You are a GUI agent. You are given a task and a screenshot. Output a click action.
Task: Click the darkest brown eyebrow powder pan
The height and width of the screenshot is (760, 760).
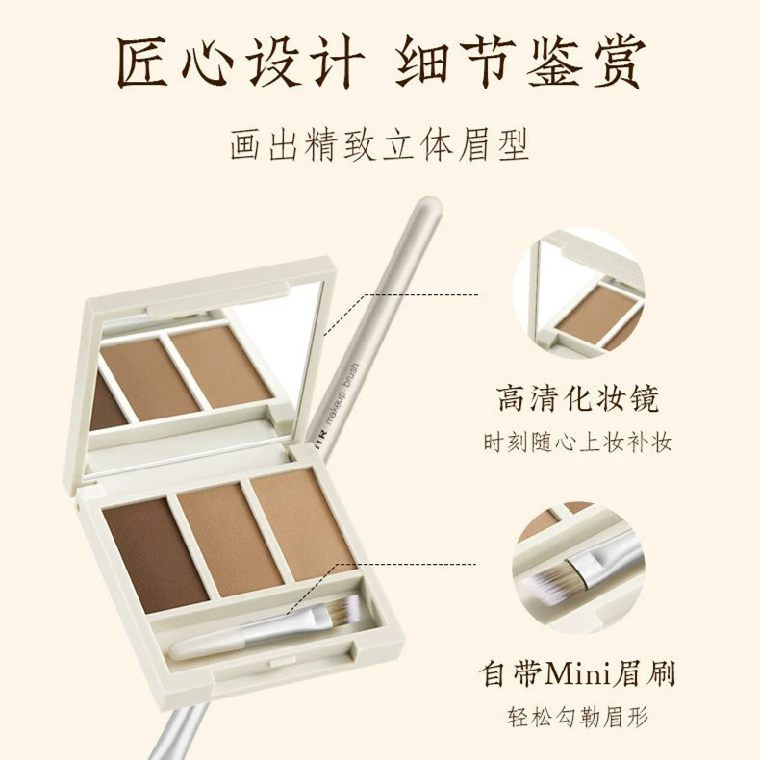pos(156,555)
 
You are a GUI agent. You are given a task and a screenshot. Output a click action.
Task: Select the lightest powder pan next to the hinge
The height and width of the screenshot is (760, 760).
pos(304,524)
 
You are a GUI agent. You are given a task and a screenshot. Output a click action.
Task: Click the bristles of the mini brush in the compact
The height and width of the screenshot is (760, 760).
pos(341,607)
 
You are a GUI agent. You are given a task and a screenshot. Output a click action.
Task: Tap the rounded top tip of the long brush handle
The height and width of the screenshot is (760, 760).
pos(428,205)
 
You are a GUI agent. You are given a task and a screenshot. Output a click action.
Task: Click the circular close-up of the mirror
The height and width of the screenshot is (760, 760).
pos(579,292)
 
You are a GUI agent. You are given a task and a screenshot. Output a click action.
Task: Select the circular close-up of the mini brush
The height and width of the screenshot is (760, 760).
pos(579,567)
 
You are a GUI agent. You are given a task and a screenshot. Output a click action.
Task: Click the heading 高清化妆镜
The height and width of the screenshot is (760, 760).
pos(578,399)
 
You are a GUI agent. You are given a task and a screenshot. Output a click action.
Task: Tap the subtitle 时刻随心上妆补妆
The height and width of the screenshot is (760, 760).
pos(578,442)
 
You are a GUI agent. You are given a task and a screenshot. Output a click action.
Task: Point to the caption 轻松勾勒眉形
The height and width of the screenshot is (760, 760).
pos(578,717)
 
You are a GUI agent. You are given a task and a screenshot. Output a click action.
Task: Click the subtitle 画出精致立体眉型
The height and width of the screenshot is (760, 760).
pos(379,145)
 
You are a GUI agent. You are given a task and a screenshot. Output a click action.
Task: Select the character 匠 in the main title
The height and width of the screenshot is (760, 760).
pos(143,62)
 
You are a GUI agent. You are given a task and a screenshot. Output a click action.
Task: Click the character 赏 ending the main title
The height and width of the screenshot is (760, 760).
pos(618,62)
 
